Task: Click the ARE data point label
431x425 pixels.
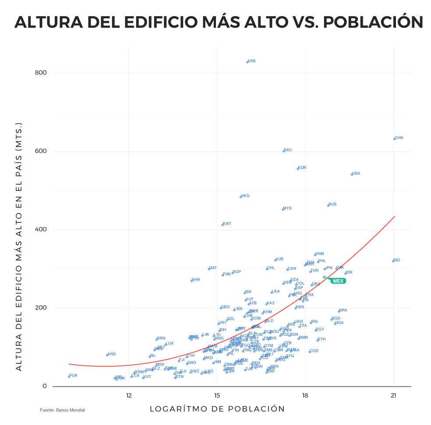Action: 251,61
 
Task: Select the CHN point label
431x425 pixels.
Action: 399,138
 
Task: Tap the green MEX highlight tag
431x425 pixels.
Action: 338,281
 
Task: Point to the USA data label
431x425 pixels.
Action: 356,173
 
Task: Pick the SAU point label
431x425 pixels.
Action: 287,150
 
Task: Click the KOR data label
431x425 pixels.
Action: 302,168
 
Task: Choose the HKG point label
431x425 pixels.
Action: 245,196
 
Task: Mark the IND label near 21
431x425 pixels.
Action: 396,260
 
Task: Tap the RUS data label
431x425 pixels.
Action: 332,204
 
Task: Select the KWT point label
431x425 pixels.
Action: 227,224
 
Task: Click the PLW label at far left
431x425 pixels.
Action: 73,376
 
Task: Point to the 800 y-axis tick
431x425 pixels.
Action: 41,73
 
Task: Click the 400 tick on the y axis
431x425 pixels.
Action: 41,230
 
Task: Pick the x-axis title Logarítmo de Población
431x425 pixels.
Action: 217,409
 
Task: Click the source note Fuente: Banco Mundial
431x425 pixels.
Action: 62,410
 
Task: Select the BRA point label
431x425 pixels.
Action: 343,310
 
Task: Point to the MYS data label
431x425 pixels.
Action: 287,208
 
